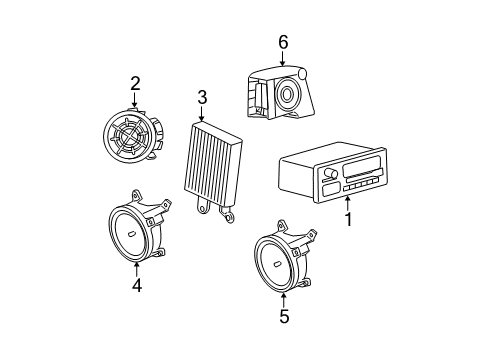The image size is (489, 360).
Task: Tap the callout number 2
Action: (134, 84)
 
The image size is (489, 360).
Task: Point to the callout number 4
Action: (136, 284)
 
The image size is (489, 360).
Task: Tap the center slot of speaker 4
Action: (133, 233)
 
